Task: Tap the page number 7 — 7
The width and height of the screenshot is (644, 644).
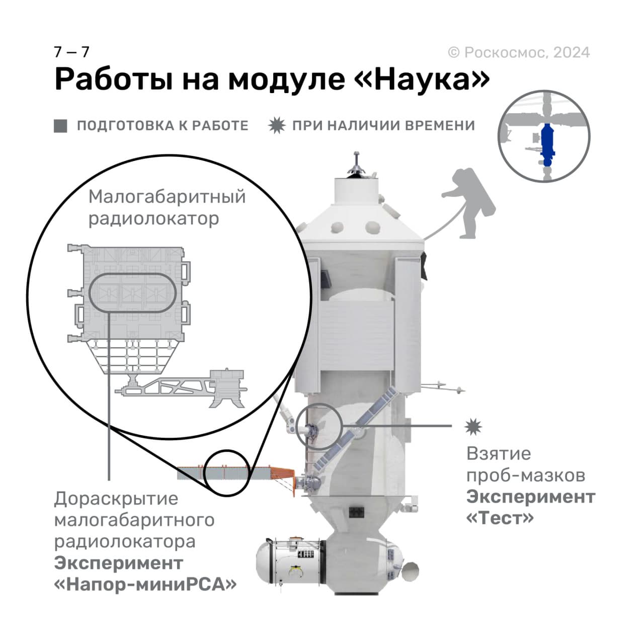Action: pyautogui.click(x=71, y=52)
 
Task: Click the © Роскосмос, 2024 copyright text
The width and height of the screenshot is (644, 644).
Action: pyautogui.click(x=519, y=52)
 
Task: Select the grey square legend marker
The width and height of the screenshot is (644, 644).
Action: pyautogui.click(x=60, y=126)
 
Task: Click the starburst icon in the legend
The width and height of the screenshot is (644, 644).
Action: pyautogui.click(x=277, y=125)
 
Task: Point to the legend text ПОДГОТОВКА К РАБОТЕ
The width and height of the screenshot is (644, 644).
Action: pyautogui.click(x=163, y=126)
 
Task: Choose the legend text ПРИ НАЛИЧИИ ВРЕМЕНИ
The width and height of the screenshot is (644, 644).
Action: pyautogui.click(x=383, y=125)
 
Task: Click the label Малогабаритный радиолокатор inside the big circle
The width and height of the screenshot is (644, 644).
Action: pyautogui.click(x=167, y=207)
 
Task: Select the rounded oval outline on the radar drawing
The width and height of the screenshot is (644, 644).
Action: pyautogui.click(x=132, y=293)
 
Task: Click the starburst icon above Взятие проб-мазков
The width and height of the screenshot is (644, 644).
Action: pyautogui.click(x=473, y=427)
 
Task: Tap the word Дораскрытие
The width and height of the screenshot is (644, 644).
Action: pyautogui.click(x=116, y=499)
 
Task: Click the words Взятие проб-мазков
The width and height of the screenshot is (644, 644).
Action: pyautogui.click(x=525, y=464)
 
